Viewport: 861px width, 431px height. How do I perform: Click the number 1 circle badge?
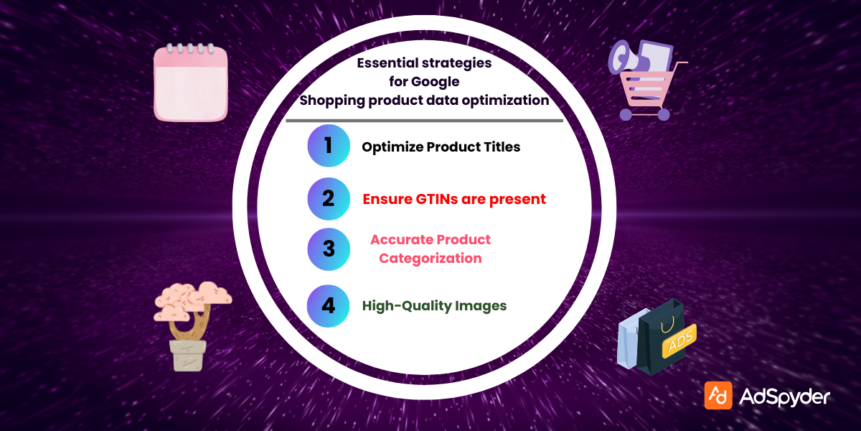pos(329,146)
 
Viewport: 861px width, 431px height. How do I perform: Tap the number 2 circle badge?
pos(329,198)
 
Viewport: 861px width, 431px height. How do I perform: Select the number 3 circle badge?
pos(329,249)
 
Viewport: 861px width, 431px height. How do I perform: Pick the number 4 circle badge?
pos(329,305)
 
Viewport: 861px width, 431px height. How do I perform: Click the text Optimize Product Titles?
pos(441,147)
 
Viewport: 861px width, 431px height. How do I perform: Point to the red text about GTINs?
pos(453,199)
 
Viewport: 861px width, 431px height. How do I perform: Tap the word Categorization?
pos(430,259)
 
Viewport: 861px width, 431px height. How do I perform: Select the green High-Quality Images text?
pos(434,306)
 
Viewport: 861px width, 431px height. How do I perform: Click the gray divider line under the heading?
pos(424,121)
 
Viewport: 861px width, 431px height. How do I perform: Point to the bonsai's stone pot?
pos(188,355)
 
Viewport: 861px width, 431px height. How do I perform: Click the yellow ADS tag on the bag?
pos(678,340)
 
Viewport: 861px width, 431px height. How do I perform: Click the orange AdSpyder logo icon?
pos(718,395)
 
